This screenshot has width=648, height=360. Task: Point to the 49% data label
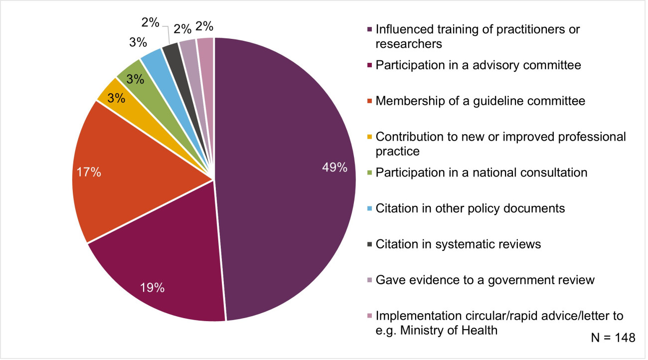pyautogui.click(x=335, y=168)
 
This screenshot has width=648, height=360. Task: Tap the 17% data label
pyautogui.click(x=89, y=173)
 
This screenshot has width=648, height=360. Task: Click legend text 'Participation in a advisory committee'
pyautogui.click(x=478, y=65)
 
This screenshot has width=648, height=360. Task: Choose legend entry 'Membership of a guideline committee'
pyautogui.click(x=480, y=101)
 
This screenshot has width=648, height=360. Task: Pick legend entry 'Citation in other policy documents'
pyautogui.click(x=470, y=208)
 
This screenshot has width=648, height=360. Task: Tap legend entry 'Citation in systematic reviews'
pyautogui.click(x=458, y=244)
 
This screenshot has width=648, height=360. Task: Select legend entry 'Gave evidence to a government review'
pyautogui.click(x=485, y=280)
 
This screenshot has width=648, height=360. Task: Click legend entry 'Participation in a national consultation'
pyautogui.click(x=482, y=173)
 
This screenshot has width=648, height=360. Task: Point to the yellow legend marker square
pyautogui.click(x=369, y=137)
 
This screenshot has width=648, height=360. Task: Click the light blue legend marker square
pyautogui.click(x=369, y=208)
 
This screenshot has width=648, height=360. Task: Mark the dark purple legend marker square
pyautogui.click(x=369, y=29)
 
